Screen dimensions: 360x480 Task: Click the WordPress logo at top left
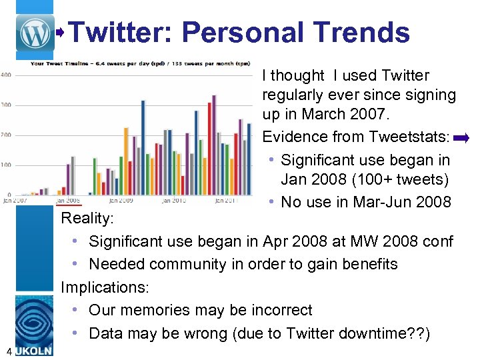pyautogui.click(x=36, y=31)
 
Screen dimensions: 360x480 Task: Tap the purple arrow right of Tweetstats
pyautogui.click(x=461, y=139)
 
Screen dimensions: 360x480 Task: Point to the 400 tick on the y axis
pyautogui.click(x=5, y=75)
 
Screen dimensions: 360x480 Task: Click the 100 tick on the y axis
pyautogui.click(x=5, y=165)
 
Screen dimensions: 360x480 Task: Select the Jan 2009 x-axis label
pyautogui.click(x=120, y=200)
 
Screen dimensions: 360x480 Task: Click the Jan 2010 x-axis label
pyautogui.click(x=173, y=200)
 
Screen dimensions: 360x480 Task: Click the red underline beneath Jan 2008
pyautogui.click(x=68, y=205)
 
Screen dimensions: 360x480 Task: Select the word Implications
pyautogui.click(x=105, y=287)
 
